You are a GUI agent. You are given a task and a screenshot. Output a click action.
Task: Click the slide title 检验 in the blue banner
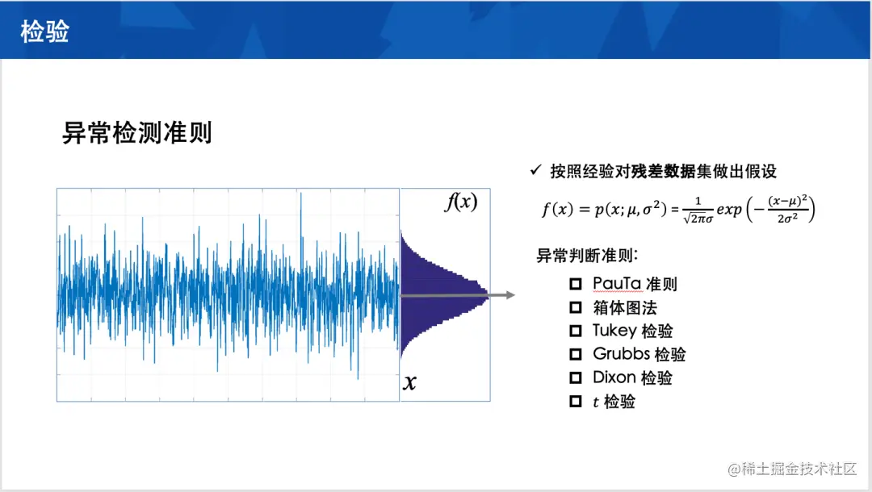(44, 31)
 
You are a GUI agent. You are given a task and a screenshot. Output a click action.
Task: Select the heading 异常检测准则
(136, 133)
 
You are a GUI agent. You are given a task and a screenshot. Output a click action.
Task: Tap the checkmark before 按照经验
(535, 170)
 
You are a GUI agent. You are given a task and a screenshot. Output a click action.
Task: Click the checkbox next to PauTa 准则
(576, 284)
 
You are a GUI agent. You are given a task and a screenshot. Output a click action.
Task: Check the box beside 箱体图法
(576, 307)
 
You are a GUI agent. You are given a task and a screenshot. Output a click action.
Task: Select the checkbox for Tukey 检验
(576, 331)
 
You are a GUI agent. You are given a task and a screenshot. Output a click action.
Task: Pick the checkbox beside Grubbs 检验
(576, 354)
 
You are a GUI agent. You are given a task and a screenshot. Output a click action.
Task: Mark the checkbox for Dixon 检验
(576, 377)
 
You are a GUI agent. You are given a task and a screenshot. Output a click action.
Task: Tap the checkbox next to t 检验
(576, 401)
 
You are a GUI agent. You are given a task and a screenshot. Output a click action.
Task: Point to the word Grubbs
(621, 354)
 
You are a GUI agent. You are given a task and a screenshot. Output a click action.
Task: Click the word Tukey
(614, 331)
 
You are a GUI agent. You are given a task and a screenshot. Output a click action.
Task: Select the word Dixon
(614, 377)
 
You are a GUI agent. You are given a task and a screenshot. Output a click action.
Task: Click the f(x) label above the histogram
(460, 202)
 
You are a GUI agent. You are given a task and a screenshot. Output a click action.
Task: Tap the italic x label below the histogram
(410, 382)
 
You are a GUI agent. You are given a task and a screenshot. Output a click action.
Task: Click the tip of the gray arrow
(514, 295)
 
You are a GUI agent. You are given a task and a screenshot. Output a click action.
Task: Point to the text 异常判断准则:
(587, 256)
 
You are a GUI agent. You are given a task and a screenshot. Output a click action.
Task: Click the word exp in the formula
(729, 210)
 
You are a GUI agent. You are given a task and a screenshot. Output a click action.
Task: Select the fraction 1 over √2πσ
(698, 210)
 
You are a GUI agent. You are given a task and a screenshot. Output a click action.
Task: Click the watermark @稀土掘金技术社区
(792, 469)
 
